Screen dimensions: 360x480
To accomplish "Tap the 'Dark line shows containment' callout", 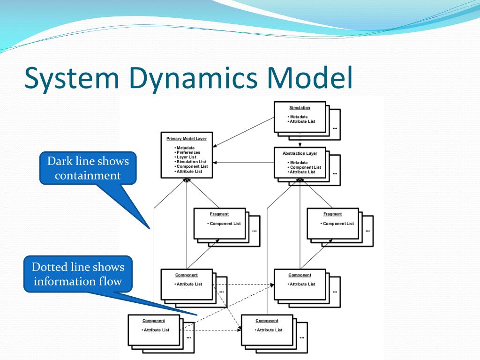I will tap(88, 168).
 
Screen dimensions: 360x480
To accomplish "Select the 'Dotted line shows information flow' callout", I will tap(78, 274).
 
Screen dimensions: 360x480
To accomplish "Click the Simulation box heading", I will tap(300, 108).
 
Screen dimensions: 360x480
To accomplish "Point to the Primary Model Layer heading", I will tap(186, 139).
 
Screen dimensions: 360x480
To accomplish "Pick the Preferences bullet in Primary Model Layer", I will tap(188, 152).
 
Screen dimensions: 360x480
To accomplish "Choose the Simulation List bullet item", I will tap(191, 162).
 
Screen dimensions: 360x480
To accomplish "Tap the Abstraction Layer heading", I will tap(300, 153).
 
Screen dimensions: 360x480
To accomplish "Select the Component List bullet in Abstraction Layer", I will tap(305, 167).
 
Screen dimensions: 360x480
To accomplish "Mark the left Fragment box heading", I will tap(219, 214).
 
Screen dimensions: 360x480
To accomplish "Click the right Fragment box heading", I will tap(332, 214).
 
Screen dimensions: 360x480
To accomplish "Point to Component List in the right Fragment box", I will tap(338, 224).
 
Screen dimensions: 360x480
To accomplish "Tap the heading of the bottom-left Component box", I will tap(154, 321).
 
